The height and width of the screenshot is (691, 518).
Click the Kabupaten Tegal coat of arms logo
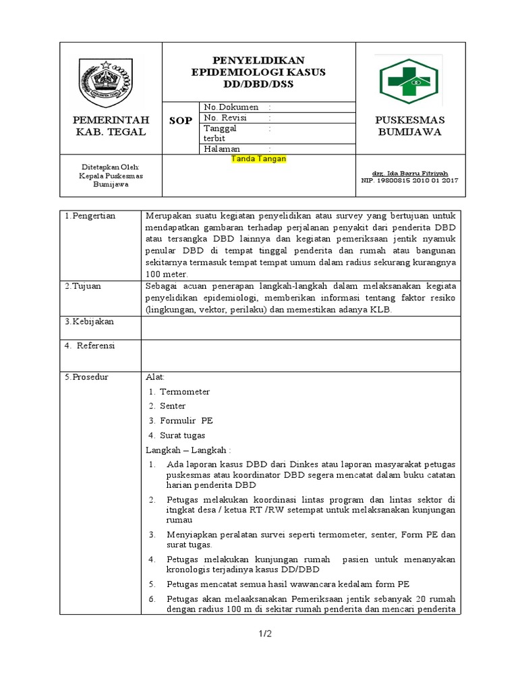[x=111, y=82]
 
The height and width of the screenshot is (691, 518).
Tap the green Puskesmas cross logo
[x=411, y=80]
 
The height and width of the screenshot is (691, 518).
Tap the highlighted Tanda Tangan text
[x=259, y=159]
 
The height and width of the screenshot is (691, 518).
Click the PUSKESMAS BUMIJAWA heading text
[x=410, y=126]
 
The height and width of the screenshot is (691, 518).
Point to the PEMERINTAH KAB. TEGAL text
[x=111, y=126]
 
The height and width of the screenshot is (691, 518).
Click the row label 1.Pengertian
[x=90, y=216]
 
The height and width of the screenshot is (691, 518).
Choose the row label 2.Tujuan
[x=83, y=286]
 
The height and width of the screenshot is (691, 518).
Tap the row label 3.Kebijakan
[x=89, y=322]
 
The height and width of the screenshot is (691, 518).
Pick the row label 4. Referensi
[x=90, y=345]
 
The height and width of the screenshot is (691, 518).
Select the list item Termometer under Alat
[x=184, y=391]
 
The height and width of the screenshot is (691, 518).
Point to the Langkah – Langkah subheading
[x=188, y=449]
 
